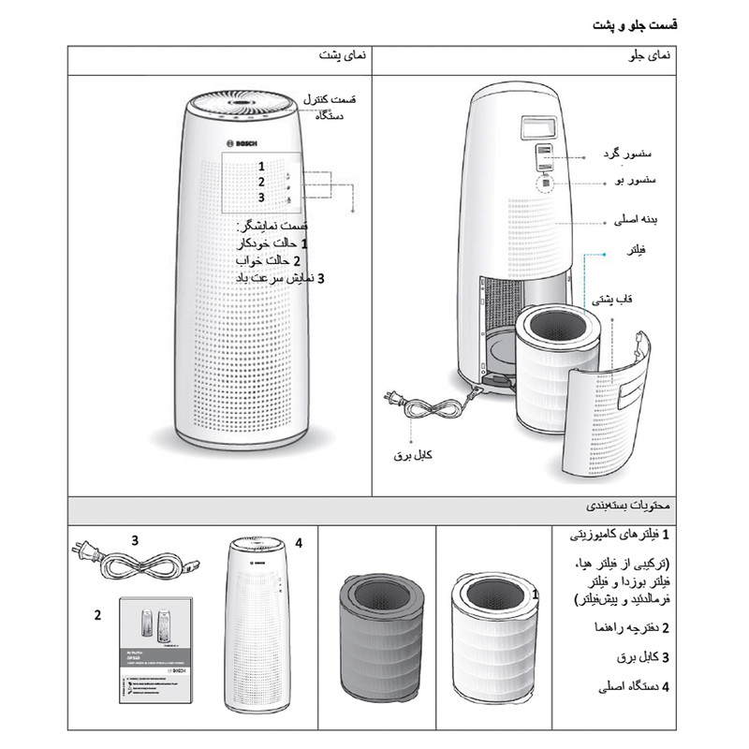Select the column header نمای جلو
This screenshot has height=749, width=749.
[x=649, y=57]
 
